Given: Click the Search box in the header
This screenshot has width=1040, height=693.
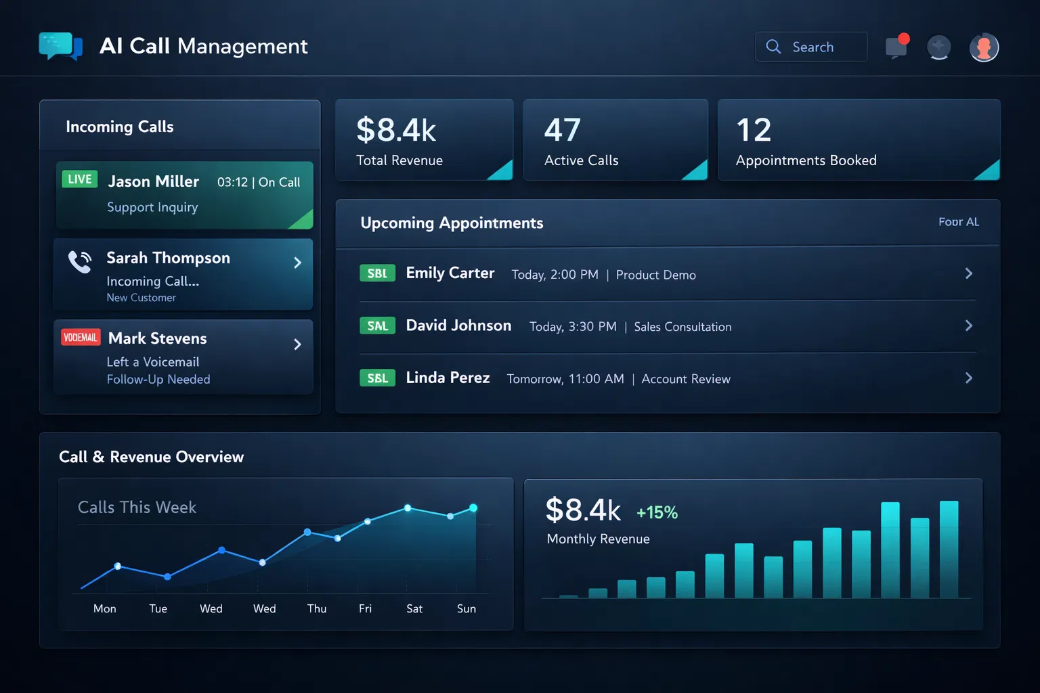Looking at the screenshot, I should (811, 47).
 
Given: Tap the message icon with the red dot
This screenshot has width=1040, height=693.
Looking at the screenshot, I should (896, 47).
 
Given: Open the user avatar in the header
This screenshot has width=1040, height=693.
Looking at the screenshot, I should (984, 47).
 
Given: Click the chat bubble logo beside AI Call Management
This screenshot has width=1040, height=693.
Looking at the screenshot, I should (60, 46).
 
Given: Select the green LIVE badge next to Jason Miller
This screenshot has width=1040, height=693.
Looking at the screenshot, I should (80, 179).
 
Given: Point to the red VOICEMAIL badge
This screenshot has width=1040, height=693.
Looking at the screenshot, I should (81, 337).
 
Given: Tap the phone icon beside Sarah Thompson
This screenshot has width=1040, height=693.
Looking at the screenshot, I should (80, 262).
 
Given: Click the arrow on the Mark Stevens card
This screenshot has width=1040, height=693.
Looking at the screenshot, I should (297, 344).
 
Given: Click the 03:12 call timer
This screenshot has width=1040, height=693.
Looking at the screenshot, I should (232, 182).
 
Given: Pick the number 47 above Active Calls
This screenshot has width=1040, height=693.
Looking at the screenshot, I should (562, 130).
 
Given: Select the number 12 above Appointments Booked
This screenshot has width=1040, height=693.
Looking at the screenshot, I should (754, 130).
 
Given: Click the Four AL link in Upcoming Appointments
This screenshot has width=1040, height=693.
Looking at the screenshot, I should (958, 222).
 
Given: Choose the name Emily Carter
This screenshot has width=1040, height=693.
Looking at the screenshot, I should (450, 273).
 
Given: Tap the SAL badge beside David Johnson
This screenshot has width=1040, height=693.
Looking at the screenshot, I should (377, 326).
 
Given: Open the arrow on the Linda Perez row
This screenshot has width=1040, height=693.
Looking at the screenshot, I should (968, 378).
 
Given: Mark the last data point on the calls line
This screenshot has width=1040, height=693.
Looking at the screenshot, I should (473, 508).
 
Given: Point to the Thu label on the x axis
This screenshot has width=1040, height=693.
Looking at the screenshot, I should (317, 608).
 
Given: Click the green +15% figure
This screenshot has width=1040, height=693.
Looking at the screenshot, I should (657, 512).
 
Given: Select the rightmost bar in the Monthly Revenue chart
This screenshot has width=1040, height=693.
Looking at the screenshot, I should (949, 549).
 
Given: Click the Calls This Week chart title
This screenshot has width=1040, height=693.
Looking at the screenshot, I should (137, 508).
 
